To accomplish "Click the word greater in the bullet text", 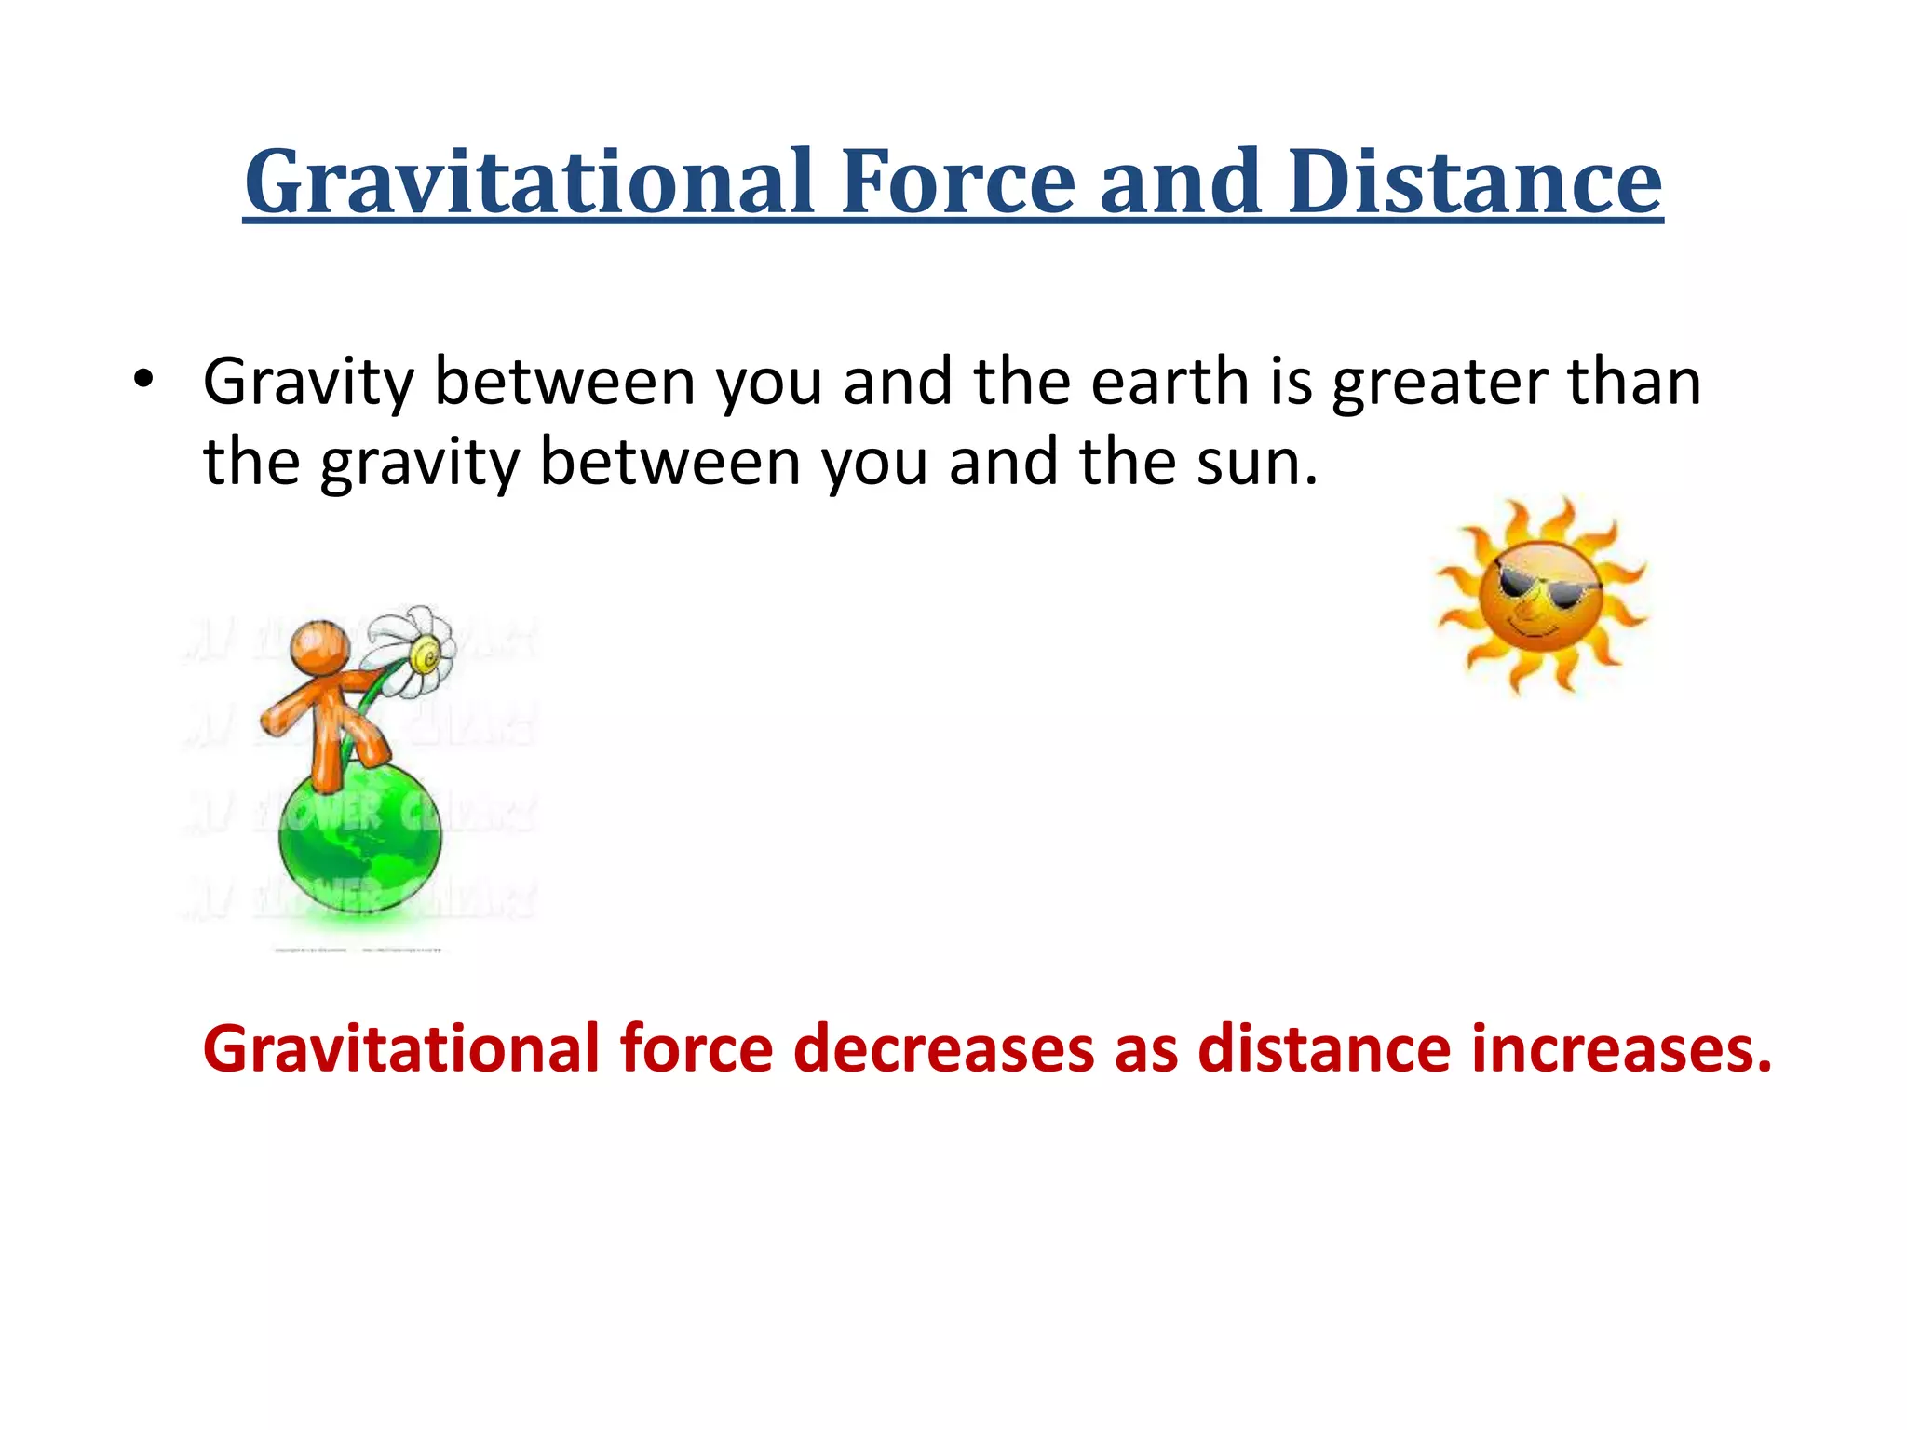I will point(1439,384).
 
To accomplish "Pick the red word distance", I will point(1323,1049).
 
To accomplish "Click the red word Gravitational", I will point(401,1049).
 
